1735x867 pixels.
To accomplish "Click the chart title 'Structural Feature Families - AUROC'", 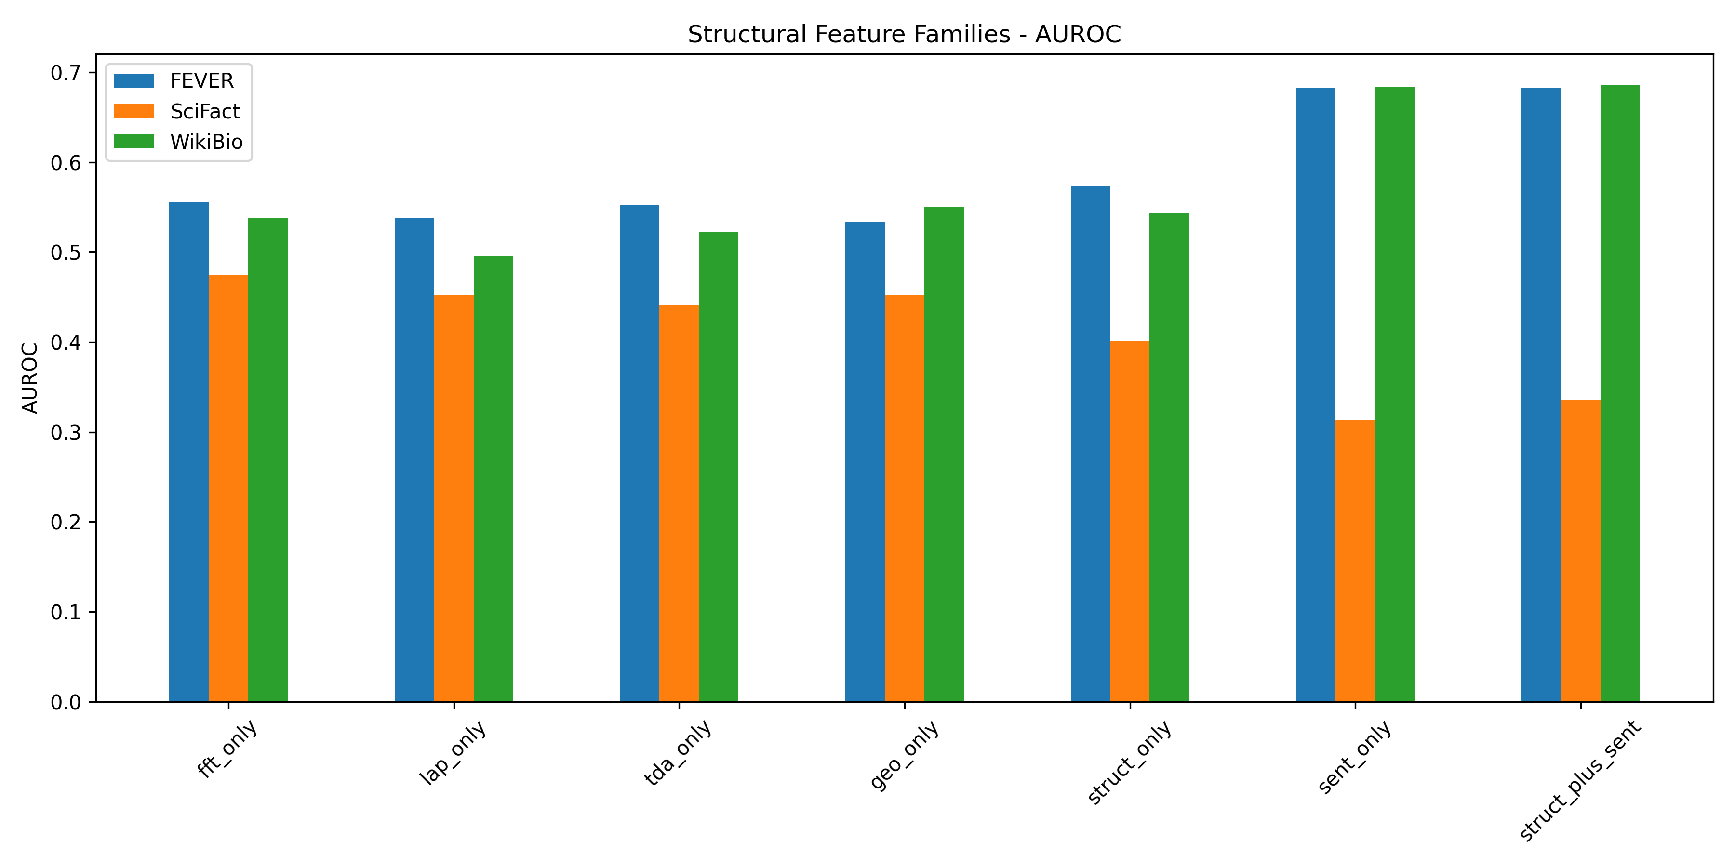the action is (x=904, y=34).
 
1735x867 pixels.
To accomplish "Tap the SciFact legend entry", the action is (x=176, y=111).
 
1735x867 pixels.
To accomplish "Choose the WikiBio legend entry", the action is (x=178, y=141).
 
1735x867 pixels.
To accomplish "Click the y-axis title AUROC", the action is (x=29, y=378).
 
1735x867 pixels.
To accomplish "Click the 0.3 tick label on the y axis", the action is (x=66, y=432).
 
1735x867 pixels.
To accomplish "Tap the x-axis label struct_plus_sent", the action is (x=1580, y=781).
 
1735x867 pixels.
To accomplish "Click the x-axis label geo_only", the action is (x=904, y=755).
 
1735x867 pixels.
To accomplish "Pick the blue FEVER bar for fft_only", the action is (x=188, y=452).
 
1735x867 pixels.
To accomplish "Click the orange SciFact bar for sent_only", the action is (x=1355, y=561).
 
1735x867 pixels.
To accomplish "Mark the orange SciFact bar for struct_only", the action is (x=1130, y=522).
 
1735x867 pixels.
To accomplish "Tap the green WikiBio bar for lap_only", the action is (x=493, y=479).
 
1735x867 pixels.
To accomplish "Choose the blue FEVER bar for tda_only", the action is (x=640, y=454).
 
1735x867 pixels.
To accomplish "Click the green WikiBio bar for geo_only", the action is (x=944, y=454).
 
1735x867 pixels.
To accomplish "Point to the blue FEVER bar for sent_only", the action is (x=1315, y=395).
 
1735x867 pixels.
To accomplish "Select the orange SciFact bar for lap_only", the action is (x=454, y=498).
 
